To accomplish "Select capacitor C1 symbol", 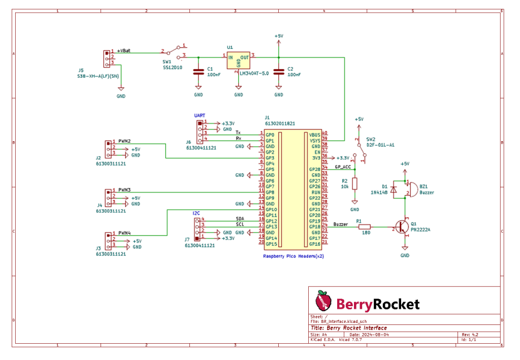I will (x=198, y=72).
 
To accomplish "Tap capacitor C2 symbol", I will (x=278, y=72).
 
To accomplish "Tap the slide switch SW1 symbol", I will (x=174, y=51).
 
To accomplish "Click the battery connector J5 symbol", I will (x=107, y=58).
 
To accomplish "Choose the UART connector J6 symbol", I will (x=200, y=131).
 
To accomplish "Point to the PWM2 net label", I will (x=125, y=141).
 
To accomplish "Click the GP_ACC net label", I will (x=343, y=167).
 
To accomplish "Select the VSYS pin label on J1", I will (x=315, y=141).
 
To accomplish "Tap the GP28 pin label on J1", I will (x=315, y=169).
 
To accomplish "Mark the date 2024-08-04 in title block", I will (x=375, y=335).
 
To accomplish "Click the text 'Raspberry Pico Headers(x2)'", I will (x=293, y=256).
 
